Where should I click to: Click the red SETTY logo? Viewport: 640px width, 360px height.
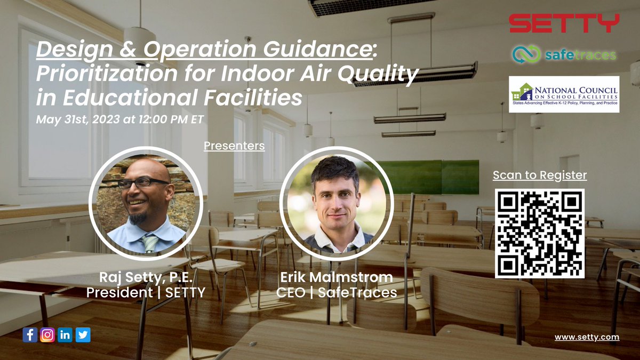tap(564, 23)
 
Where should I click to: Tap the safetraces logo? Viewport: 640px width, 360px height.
tap(564, 54)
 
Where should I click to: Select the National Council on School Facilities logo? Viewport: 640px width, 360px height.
tap(564, 94)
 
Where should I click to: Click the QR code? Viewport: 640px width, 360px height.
tap(540, 233)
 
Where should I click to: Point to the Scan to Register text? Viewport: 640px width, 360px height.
tap(540, 174)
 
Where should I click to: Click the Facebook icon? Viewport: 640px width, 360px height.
tap(30, 335)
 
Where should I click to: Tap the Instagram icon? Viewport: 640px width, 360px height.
tap(47, 335)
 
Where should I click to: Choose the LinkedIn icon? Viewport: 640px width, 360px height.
tap(65, 335)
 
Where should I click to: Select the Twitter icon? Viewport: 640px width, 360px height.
tap(83, 335)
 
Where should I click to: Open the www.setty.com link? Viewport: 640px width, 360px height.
tap(587, 337)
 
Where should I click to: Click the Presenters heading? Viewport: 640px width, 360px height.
tap(234, 145)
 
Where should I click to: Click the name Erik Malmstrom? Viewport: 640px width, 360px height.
tap(337, 278)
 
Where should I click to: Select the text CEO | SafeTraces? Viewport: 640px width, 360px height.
tap(337, 292)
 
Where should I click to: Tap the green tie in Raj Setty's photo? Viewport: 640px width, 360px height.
tap(150, 243)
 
